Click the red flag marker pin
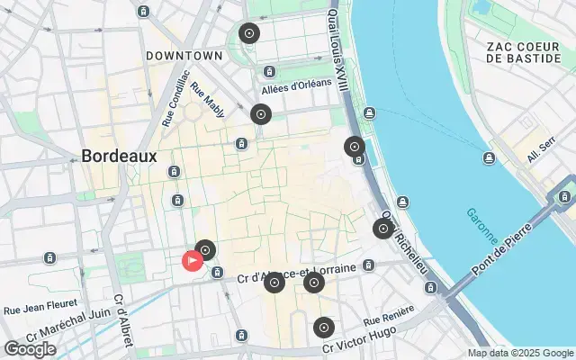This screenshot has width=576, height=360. [193, 261]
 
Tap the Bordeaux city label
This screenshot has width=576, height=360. [119, 156]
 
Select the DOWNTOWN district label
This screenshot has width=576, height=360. [184, 56]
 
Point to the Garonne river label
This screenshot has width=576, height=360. [481, 226]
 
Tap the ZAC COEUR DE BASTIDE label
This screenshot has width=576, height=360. [524, 52]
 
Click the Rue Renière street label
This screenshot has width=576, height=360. [389, 316]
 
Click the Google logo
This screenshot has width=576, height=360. [30, 349]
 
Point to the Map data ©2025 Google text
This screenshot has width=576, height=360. [519, 353]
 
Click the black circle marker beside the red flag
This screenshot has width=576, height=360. [206, 249]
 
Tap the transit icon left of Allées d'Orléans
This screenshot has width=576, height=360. [268, 72]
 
